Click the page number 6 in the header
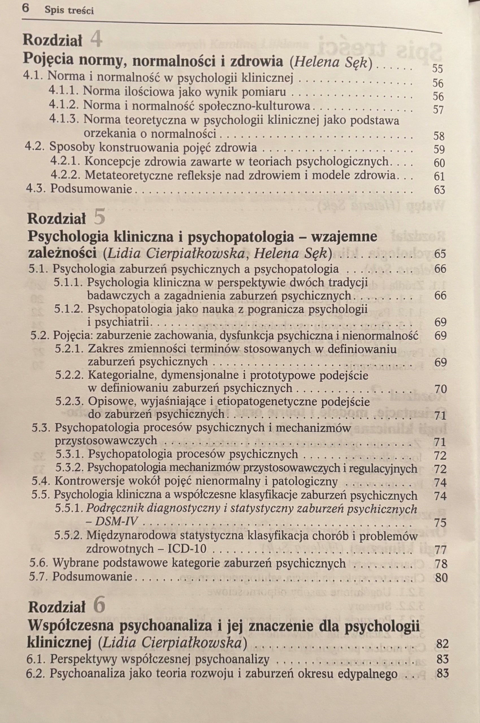pos(25,8)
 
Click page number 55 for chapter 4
pos(437,69)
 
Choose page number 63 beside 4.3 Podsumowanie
pos(439,190)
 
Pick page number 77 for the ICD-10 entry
pos(440,550)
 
